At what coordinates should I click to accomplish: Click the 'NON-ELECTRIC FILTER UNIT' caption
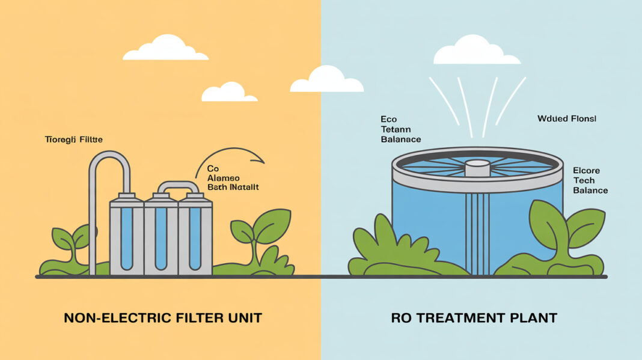click(x=162, y=317)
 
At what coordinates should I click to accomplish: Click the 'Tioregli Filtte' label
click(x=74, y=139)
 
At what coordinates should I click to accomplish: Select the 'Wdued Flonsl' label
click(x=566, y=119)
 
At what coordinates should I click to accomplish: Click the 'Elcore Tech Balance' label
click(x=590, y=180)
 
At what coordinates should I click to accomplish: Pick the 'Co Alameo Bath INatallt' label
click(x=232, y=178)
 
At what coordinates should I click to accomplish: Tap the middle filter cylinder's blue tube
click(x=160, y=237)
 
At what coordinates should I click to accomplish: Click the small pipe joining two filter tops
click(x=177, y=186)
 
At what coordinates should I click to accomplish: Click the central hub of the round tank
click(x=478, y=166)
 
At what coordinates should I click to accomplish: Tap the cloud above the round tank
click(x=476, y=50)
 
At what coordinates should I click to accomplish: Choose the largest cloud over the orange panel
click(x=165, y=48)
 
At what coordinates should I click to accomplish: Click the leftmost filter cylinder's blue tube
click(x=126, y=237)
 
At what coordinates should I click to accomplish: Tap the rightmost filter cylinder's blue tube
click(x=195, y=237)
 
